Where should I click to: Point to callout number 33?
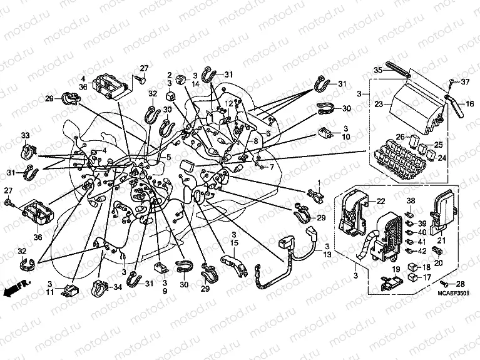[25, 135]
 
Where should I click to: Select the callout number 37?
[464, 83]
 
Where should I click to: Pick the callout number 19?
[395, 269]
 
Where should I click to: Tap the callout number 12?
[229, 103]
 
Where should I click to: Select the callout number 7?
[271, 168]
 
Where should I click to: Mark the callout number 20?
[437, 263]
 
